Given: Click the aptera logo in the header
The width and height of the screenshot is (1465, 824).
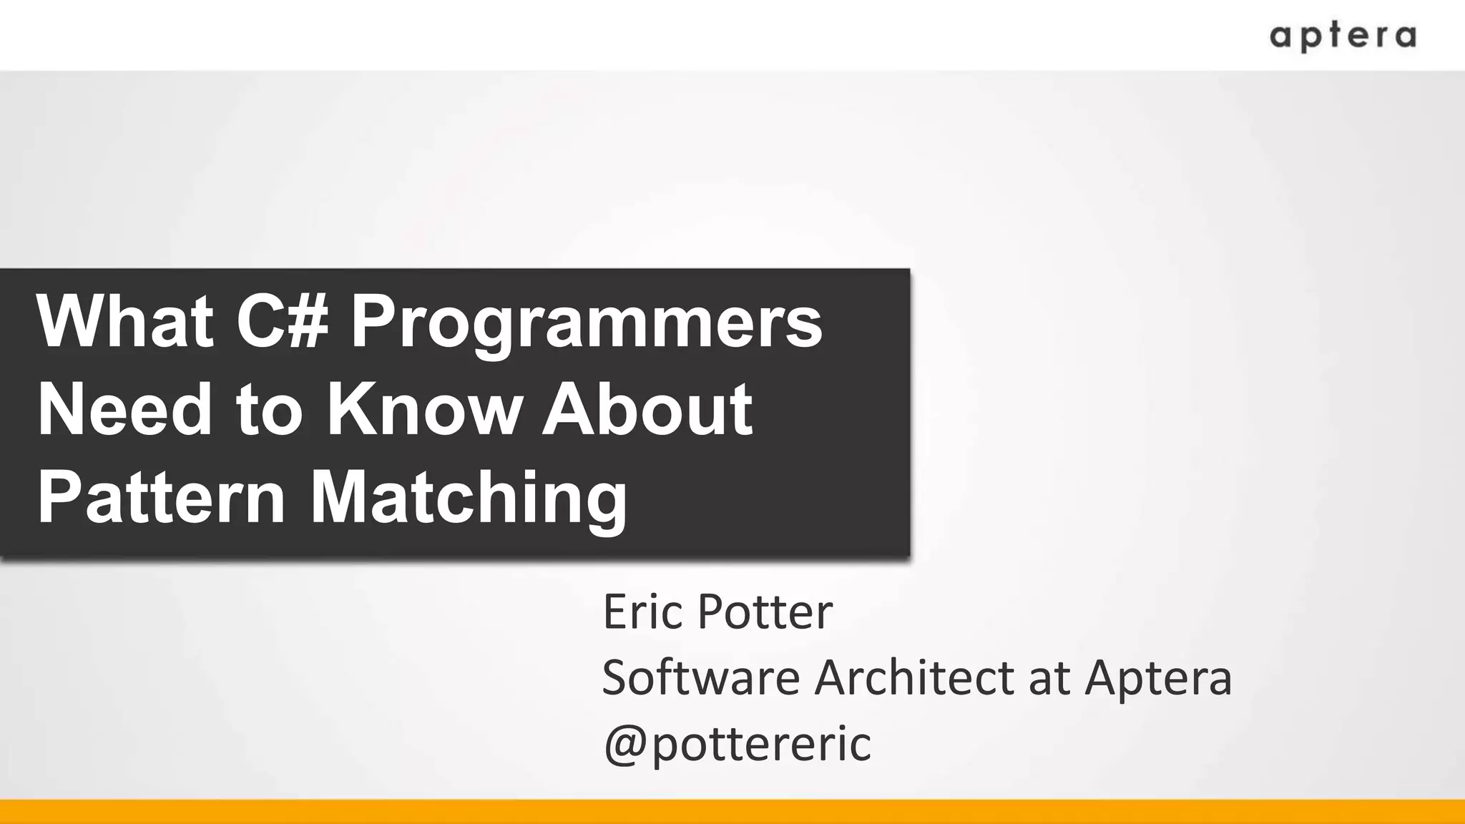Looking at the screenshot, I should click(1342, 36).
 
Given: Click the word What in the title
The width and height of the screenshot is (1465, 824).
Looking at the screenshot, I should click(125, 322).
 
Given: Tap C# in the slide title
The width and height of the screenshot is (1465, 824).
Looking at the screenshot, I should click(283, 322).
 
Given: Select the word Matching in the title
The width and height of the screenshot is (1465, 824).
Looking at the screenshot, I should click(469, 499).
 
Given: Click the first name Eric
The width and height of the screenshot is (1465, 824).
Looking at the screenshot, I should click(642, 612).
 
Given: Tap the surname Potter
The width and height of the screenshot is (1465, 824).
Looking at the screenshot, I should click(765, 612).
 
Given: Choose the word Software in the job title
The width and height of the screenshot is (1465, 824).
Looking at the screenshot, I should click(700, 677).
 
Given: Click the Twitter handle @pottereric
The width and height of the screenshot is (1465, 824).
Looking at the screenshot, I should click(737, 743).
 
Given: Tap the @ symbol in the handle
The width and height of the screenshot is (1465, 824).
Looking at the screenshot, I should click(626, 745).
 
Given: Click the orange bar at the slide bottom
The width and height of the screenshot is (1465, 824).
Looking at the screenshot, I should click(732, 812).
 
